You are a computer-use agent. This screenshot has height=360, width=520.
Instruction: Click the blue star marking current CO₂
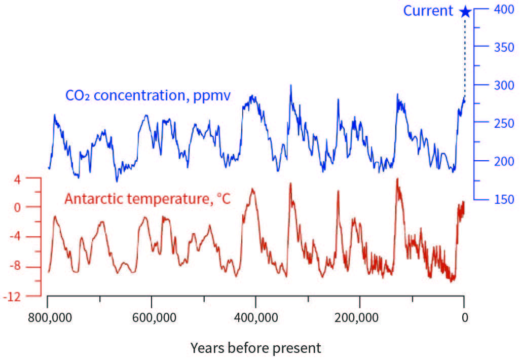(465, 11)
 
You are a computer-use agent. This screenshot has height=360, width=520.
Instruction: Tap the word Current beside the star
(428, 11)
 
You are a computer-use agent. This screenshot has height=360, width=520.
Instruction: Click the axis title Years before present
(255, 348)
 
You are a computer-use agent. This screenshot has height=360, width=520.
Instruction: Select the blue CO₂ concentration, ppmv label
(148, 95)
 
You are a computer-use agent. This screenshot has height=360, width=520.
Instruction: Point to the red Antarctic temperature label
(147, 199)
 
